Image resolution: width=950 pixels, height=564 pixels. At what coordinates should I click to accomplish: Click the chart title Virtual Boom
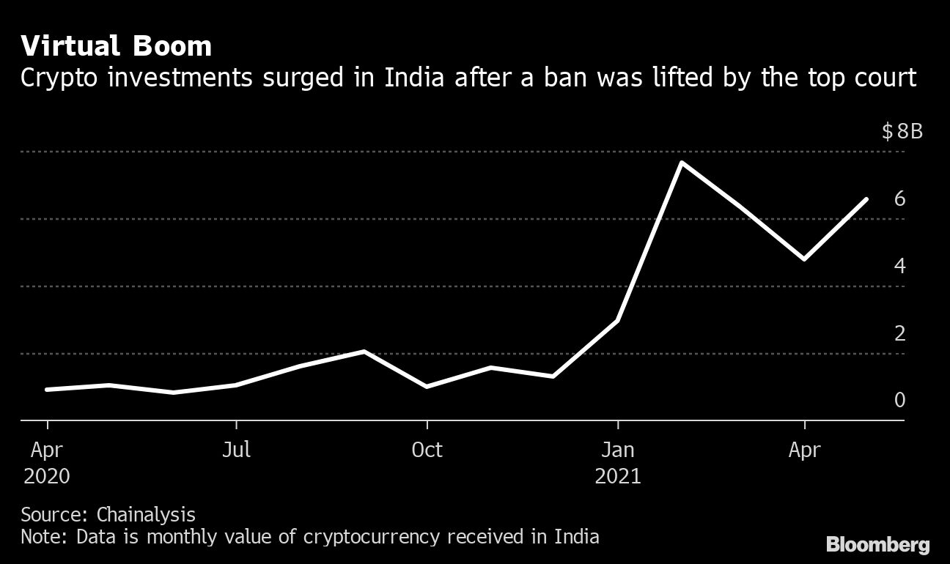117,46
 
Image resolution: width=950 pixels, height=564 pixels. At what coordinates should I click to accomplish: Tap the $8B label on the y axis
902,132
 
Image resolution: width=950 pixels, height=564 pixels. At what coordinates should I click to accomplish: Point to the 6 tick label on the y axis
899,198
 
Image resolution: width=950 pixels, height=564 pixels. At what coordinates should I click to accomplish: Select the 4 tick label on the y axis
899,266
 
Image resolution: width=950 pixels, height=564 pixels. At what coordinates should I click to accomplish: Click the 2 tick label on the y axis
899,333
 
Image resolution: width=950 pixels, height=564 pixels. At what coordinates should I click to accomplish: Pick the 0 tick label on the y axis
899,400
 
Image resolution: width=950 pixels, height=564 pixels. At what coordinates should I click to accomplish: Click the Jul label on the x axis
236,449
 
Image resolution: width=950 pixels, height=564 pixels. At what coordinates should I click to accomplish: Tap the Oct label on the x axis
427,449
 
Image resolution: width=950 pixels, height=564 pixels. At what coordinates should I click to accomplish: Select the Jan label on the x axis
618,449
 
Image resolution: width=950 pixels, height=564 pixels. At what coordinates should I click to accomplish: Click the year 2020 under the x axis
47,476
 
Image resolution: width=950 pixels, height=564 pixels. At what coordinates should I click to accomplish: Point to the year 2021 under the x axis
618,476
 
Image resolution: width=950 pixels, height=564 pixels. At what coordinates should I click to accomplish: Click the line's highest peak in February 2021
682,163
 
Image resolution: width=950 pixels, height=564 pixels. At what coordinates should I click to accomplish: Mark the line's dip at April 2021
805,259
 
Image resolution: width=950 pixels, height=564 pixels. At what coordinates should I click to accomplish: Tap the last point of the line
867,199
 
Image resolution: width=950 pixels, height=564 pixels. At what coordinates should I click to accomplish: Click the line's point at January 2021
618,321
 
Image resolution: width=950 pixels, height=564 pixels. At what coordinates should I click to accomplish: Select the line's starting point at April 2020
48,390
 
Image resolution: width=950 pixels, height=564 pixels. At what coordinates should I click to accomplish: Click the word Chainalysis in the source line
146,513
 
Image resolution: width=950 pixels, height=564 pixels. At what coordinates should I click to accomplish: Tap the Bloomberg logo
877,544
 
